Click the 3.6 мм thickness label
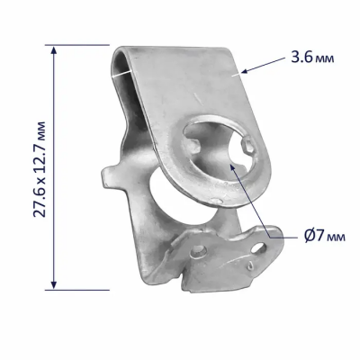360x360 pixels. (x=312, y=58)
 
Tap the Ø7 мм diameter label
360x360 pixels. (x=325, y=237)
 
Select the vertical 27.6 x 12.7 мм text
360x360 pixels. (x=40, y=169)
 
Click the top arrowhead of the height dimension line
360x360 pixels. (x=54, y=49)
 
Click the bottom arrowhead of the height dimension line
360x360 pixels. (x=54, y=285)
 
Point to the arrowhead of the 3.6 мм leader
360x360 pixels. (x=245, y=71)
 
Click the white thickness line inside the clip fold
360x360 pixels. (x=121, y=74)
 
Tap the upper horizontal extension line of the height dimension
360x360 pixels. (x=77, y=45)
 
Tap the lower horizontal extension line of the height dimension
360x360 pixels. (x=77, y=290)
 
